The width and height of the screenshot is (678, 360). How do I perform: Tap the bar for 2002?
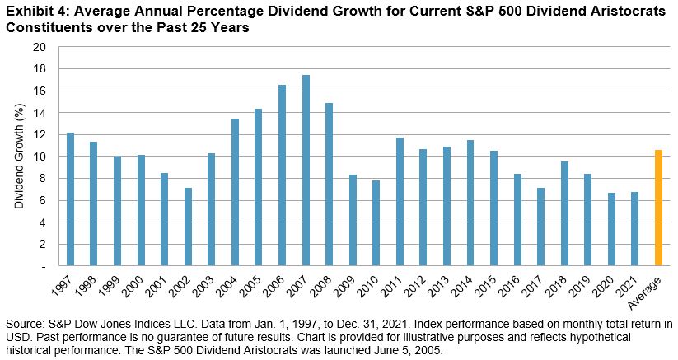click(189, 227)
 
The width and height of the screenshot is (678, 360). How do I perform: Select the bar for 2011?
click(400, 202)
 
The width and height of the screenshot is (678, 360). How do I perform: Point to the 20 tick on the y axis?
click(39, 47)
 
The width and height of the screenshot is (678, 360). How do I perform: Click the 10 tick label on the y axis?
click(39, 157)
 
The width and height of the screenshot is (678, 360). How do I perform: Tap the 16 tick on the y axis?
click(39, 91)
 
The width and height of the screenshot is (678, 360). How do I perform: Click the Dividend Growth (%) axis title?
click(18, 157)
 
